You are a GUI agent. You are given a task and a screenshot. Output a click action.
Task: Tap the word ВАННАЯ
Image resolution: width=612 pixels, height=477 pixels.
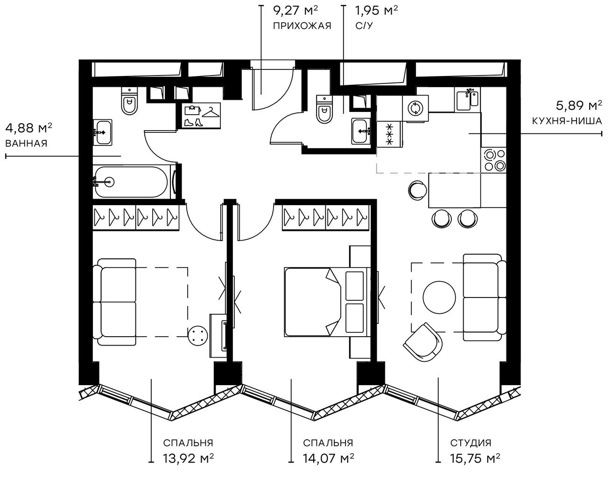pos(26,144)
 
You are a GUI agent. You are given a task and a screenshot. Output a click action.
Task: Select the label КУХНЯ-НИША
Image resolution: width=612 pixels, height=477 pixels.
pos(567,121)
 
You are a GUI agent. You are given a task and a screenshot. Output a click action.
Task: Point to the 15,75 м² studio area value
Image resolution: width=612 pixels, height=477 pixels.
pos(475,458)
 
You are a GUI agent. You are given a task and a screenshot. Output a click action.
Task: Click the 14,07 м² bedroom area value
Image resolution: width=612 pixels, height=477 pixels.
pos(328,458)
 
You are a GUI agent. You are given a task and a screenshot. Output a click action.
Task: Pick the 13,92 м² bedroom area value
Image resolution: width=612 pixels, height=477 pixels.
pos(189,458)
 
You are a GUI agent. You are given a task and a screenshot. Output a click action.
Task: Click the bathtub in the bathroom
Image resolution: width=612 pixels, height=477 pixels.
pos(131,182)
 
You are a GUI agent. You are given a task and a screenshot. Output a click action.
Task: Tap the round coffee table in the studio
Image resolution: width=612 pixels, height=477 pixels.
pos(439,297)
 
